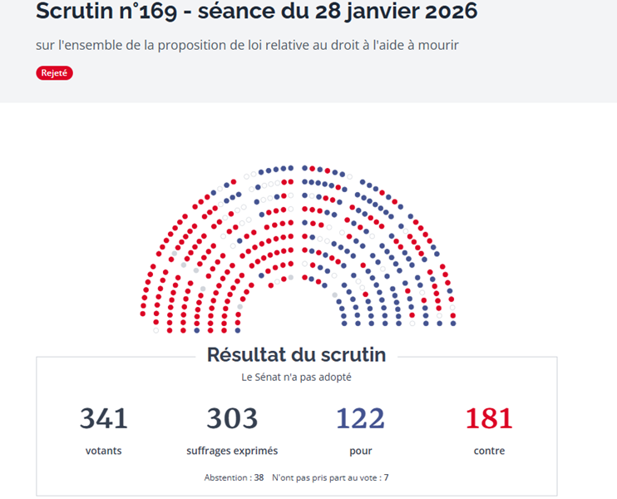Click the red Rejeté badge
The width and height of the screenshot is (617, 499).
[55, 73]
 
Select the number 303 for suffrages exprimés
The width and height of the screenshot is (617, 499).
[232, 418]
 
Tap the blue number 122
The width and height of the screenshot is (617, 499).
[360, 418]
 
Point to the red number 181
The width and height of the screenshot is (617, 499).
[489, 418]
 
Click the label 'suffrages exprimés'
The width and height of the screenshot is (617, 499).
[232, 451]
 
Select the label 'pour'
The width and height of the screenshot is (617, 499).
[360, 451]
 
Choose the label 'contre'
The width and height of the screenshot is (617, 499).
[489, 451]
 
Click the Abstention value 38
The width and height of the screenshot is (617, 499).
[259, 478]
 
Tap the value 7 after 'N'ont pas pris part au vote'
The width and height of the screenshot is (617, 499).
[386, 478]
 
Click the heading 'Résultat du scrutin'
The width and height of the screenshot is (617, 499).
[296, 355]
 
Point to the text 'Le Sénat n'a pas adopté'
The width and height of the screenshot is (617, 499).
[296, 377]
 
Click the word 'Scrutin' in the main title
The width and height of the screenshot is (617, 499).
[71, 12]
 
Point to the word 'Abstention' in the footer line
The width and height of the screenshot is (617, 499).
[226, 478]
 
